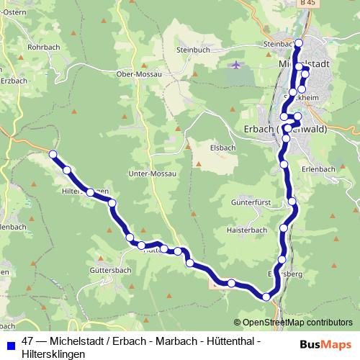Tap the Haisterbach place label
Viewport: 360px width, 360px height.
pos(246,230)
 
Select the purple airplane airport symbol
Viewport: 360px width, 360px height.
pos(237,66)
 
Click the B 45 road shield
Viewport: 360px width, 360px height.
pos(309,4)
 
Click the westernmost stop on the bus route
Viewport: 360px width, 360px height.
pos(53,154)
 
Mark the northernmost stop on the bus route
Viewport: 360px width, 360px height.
pos(300,43)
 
